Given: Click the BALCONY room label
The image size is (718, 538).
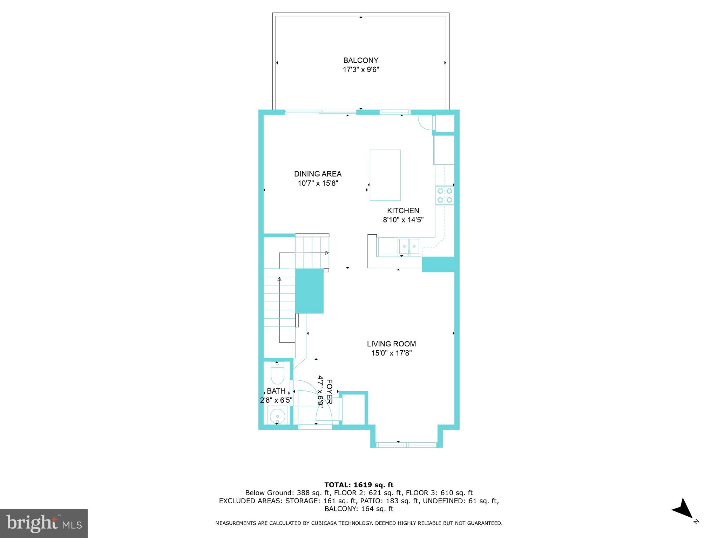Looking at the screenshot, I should [x=361, y=60].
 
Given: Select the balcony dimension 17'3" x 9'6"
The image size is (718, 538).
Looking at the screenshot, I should [x=361, y=70].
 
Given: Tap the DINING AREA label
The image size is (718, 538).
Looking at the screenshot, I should [x=318, y=174].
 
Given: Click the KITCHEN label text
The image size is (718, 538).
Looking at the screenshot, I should [x=403, y=211].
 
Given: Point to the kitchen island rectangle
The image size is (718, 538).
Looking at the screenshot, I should [x=385, y=175].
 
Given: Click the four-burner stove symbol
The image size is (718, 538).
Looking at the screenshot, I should [x=444, y=195].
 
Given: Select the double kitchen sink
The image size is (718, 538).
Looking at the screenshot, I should [x=409, y=246].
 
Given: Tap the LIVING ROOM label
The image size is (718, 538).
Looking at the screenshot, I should [x=391, y=344].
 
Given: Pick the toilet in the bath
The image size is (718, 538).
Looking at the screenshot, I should [x=277, y=374].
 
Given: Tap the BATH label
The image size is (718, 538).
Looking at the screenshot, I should [x=276, y=391].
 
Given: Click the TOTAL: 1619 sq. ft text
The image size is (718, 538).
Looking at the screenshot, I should [x=359, y=485].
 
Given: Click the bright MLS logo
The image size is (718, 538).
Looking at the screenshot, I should [x=44, y=523].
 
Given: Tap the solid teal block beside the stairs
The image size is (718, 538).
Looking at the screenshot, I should [x=309, y=291].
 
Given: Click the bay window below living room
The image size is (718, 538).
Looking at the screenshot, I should [x=406, y=445].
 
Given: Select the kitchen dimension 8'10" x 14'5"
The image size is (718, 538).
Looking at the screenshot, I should [x=403, y=220].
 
